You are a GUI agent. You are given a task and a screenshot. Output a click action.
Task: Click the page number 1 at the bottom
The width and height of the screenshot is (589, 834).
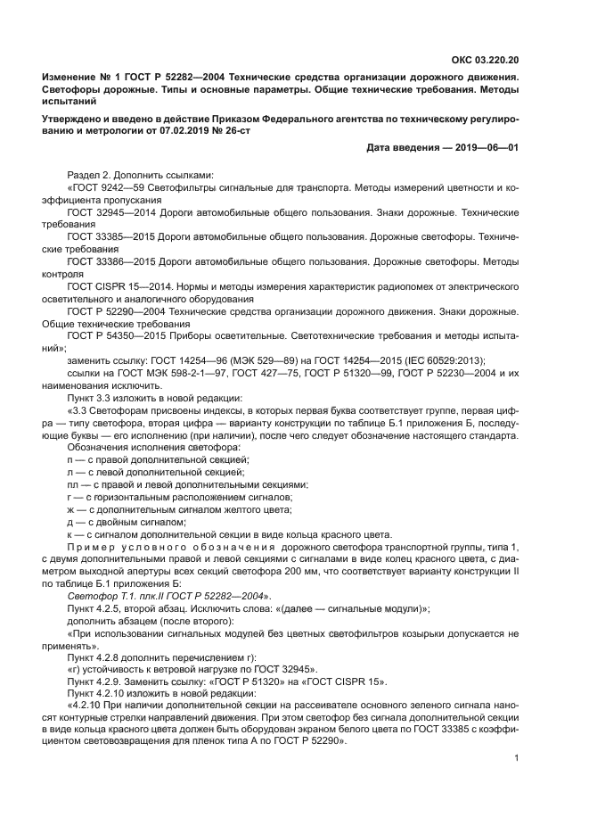516,758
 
